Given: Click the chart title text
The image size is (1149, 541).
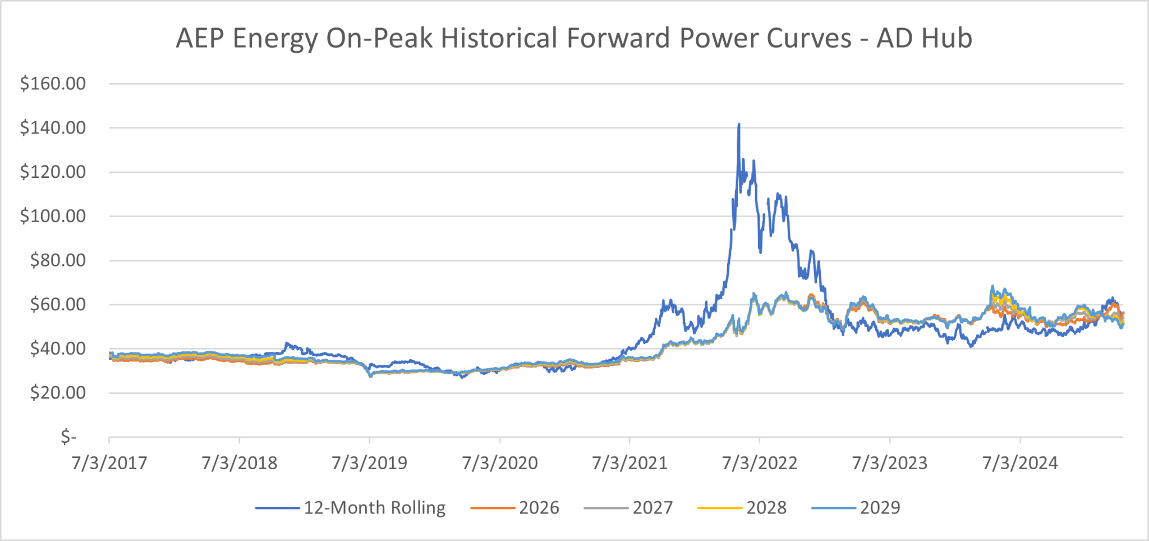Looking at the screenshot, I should pyautogui.click(x=573, y=38).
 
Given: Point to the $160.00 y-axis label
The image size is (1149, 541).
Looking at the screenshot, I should pyautogui.click(x=53, y=84).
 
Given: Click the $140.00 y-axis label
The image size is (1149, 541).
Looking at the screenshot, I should pyautogui.click(x=53, y=128).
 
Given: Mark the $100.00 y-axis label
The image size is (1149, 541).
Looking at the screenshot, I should pyautogui.click(x=53, y=216).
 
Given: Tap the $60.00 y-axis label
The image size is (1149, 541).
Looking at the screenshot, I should pyautogui.click(x=58, y=304).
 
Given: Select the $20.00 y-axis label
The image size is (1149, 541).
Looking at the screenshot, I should pyautogui.click(x=58, y=392).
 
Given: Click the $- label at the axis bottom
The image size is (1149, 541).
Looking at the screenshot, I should pyautogui.click(x=68, y=436).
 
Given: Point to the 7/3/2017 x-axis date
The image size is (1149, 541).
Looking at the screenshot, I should pyautogui.click(x=109, y=463).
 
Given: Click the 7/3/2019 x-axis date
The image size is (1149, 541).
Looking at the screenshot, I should pyautogui.click(x=369, y=463).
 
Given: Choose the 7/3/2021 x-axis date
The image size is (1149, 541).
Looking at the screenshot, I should pyautogui.click(x=629, y=463).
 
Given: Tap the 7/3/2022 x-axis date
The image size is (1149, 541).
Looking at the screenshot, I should pyautogui.click(x=760, y=463).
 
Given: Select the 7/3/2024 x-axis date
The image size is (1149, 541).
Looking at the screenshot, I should pyautogui.click(x=1020, y=463).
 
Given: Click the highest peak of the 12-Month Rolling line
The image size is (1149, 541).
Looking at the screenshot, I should pyautogui.click(x=739, y=125).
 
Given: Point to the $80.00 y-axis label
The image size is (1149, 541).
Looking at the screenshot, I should pyautogui.click(x=58, y=260).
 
